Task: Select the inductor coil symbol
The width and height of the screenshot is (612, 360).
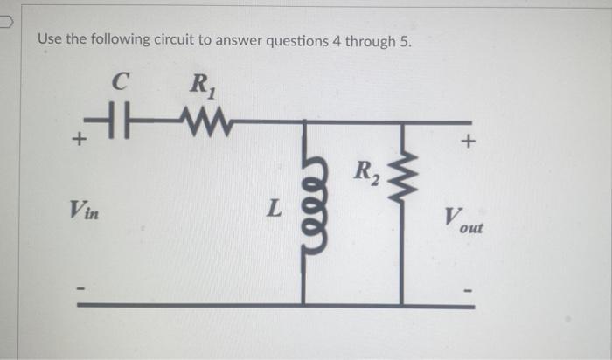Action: [x=304, y=211]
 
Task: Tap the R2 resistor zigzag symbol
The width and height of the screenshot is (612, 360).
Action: [x=402, y=183]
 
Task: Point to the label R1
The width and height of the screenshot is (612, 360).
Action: [x=199, y=87]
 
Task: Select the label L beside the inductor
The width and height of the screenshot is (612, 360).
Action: [x=275, y=210]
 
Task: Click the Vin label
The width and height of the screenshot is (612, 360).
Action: [x=84, y=210]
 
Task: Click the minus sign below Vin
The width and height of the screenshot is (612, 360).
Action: [x=80, y=285]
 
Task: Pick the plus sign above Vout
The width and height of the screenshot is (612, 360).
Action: [x=469, y=140]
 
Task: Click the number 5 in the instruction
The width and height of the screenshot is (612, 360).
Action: [x=404, y=41]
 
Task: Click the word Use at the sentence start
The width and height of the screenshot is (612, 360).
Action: [x=49, y=41]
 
